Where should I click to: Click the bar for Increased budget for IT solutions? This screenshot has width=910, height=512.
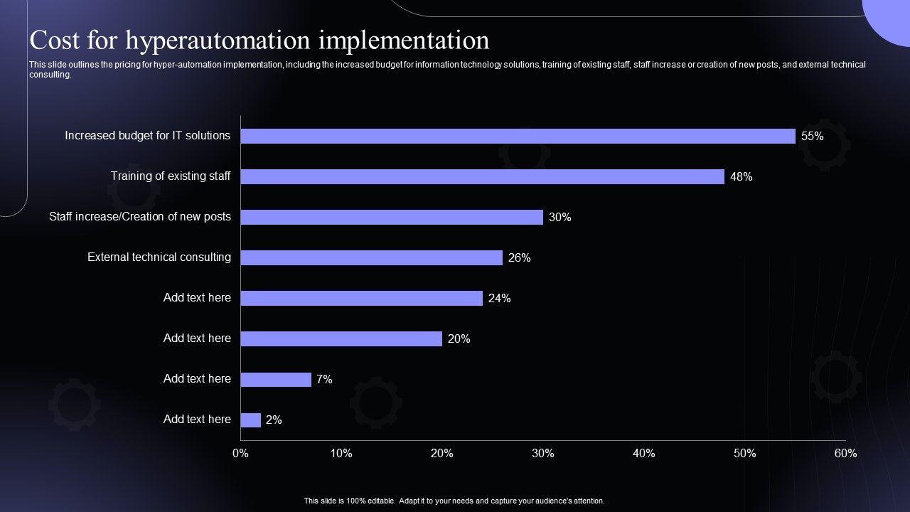[x=518, y=136]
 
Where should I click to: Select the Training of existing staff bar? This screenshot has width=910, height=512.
[x=482, y=176]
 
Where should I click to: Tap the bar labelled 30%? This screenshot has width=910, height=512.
[x=392, y=217]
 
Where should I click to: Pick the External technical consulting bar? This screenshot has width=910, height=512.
[x=371, y=257]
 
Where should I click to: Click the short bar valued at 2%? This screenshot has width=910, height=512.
[x=251, y=420]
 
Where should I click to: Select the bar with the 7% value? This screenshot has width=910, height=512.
[x=276, y=380]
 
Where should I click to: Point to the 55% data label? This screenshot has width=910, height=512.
[x=812, y=137]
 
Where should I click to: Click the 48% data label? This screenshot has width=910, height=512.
[x=741, y=177]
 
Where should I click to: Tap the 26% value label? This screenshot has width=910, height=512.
[x=519, y=258]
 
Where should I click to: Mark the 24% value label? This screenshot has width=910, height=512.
[x=499, y=299]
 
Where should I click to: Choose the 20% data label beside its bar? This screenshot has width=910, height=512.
[x=459, y=339]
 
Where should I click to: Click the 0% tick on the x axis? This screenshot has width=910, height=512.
[x=240, y=454]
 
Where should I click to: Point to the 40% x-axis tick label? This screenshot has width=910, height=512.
[x=643, y=454]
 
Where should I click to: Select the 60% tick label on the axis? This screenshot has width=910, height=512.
[x=845, y=454]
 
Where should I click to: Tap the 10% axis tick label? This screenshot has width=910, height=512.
[x=341, y=454]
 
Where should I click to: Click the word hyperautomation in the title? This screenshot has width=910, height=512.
[x=218, y=41]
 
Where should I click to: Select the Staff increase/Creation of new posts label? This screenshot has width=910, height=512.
[x=140, y=217]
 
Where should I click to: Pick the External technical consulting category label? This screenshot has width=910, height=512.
[x=159, y=257]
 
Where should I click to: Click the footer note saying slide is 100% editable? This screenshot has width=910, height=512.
[x=454, y=501]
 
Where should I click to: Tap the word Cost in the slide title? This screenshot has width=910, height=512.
[x=54, y=41]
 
